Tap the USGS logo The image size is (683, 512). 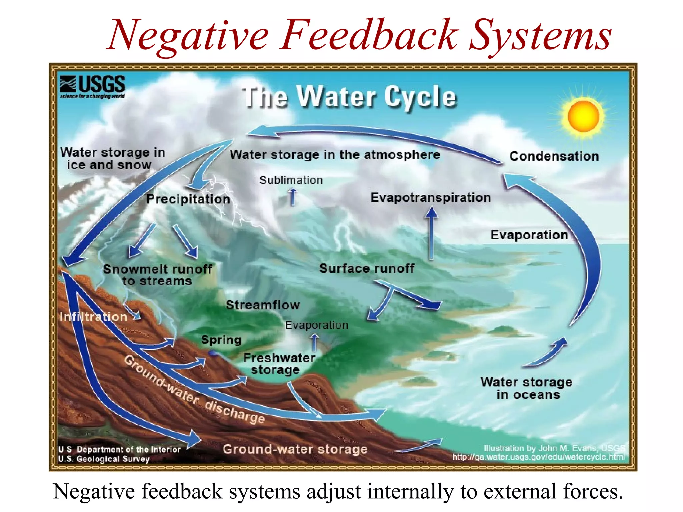click(x=92, y=86)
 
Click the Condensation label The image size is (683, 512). click(x=554, y=156)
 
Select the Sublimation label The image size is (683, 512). click(x=291, y=180)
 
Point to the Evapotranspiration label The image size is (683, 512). click(x=431, y=197)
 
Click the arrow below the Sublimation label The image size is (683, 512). click(x=293, y=197)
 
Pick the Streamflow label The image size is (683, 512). click(x=263, y=305)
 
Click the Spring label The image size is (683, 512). click(x=221, y=340)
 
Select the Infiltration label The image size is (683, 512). click(x=93, y=316)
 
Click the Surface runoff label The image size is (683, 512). click(x=367, y=268)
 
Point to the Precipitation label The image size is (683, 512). click(x=188, y=199)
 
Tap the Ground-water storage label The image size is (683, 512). click(x=295, y=449)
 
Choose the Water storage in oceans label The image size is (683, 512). click(x=526, y=388)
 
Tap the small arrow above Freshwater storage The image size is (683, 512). click(x=314, y=342)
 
